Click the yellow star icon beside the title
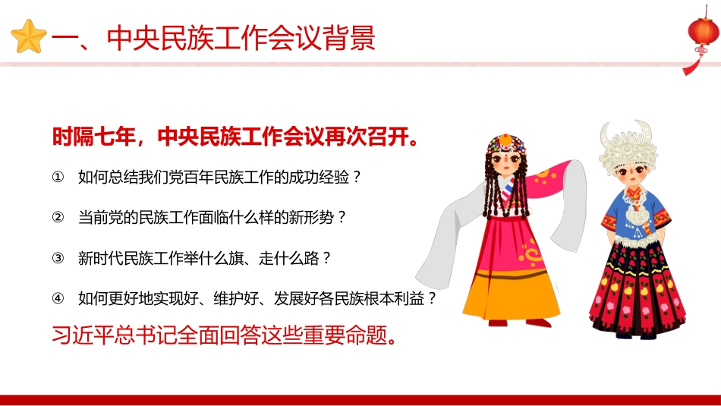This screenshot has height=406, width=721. (30, 37)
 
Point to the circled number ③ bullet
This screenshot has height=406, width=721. (58, 258)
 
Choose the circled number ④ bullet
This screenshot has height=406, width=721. (58, 298)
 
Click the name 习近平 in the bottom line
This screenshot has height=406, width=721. (80, 335)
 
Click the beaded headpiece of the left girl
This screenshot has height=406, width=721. (501, 142)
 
